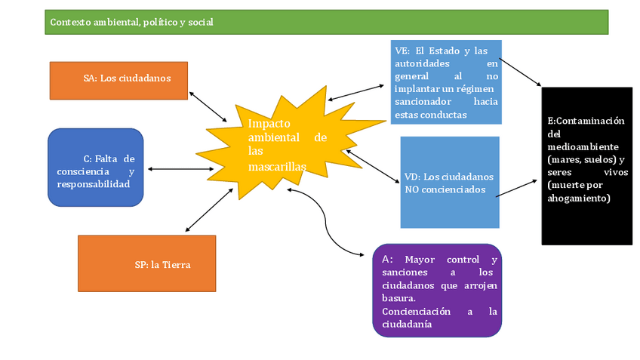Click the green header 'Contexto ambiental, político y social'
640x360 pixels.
click(x=326, y=22)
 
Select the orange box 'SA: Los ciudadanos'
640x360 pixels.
click(x=118, y=80)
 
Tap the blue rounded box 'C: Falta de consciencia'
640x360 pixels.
click(x=95, y=168)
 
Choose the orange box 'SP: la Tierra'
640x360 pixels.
click(x=146, y=263)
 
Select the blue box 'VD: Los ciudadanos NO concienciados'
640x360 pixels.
click(x=449, y=182)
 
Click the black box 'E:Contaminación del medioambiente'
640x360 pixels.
click(x=586, y=165)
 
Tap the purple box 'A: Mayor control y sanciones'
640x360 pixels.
click(x=437, y=290)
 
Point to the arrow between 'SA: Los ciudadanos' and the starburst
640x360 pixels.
click(x=208, y=107)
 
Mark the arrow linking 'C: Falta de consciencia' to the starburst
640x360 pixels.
click(x=181, y=169)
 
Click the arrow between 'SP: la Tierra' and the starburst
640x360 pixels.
click(x=209, y=210)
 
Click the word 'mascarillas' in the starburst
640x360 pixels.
click(x=277, y=165)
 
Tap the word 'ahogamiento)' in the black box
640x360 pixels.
click(x=579, y=198)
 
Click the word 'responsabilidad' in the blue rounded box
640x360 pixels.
click(x=93, y=184)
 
